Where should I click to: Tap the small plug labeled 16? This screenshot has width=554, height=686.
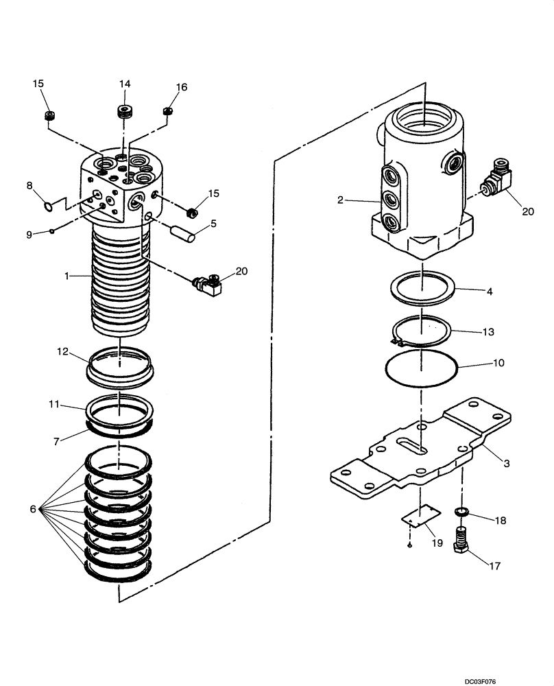167,111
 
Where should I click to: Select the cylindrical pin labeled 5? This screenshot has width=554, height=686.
184,234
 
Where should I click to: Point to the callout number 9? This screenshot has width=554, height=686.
29,234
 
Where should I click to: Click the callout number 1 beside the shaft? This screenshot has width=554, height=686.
67,275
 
